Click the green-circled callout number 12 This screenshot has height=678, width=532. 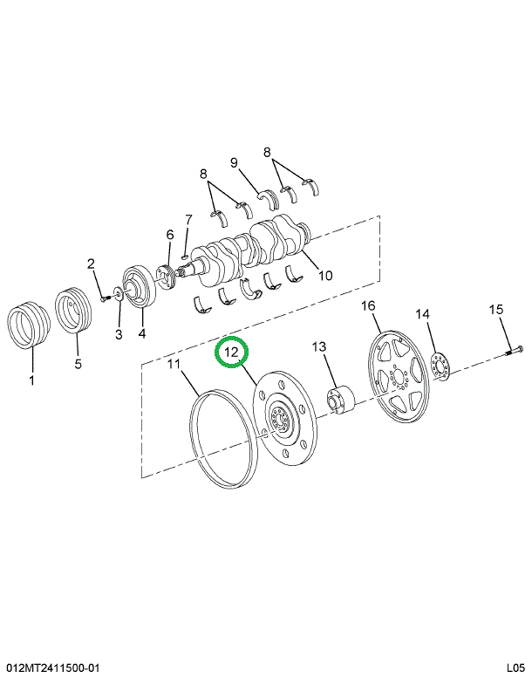pos(232,353)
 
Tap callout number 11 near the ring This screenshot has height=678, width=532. pos(174,364)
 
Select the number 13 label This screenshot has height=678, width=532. pos(319,346)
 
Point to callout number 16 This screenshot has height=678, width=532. pos(368,306)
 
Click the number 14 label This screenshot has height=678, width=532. pos(423,314)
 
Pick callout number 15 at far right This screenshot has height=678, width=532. pos(496,309)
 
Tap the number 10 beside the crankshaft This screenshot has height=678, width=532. pos(325,275)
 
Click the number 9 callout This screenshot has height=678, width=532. pos(234,162)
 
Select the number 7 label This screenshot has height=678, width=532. pos(188,220)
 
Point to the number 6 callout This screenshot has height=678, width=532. pos(170,235)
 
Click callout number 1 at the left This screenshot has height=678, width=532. pos(31,380)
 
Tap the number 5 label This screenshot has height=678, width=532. pos(78,364)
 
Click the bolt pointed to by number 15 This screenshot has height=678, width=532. pos(514,351)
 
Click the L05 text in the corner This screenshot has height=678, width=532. pos(516,668)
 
